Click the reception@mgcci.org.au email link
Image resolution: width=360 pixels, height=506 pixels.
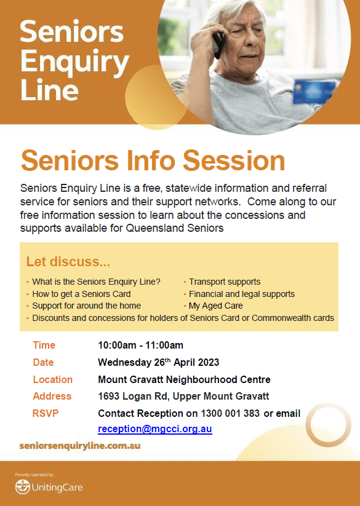click(x=155, y=429)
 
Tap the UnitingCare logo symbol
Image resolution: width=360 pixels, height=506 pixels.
click(x=23, y=487)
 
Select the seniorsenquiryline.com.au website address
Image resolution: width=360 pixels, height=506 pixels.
click(x=80, y=446)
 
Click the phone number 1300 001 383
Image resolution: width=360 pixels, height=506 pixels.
click(x=230, y=413)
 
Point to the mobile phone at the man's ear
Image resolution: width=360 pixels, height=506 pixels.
click(x=219, y=45)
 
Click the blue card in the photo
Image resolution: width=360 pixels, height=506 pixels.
click(x=314, y=92)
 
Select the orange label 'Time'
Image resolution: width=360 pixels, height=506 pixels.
click(x=44, y=346)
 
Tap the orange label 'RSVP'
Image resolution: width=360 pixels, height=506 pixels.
click(x=46, y=413)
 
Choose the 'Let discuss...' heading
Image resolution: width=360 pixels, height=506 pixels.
click(x=68, y=262)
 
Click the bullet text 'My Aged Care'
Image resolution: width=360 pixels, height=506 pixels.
click(x=215, y=306)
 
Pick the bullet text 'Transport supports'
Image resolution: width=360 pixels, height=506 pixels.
click(x=225, y=282)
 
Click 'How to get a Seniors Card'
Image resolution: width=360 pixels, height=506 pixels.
click(x=81, y=294)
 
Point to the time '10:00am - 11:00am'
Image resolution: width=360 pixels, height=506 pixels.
click(x=141, y=346)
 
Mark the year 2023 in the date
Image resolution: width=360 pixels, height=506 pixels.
click(x=208, y=362)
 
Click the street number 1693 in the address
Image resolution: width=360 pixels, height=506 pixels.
click(x=109, y=397)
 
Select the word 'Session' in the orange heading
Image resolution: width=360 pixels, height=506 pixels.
click(x=234, y=160)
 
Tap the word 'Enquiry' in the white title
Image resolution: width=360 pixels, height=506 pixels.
click(x=75, y=62)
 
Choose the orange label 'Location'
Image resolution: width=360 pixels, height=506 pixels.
click(x=53, y=379)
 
